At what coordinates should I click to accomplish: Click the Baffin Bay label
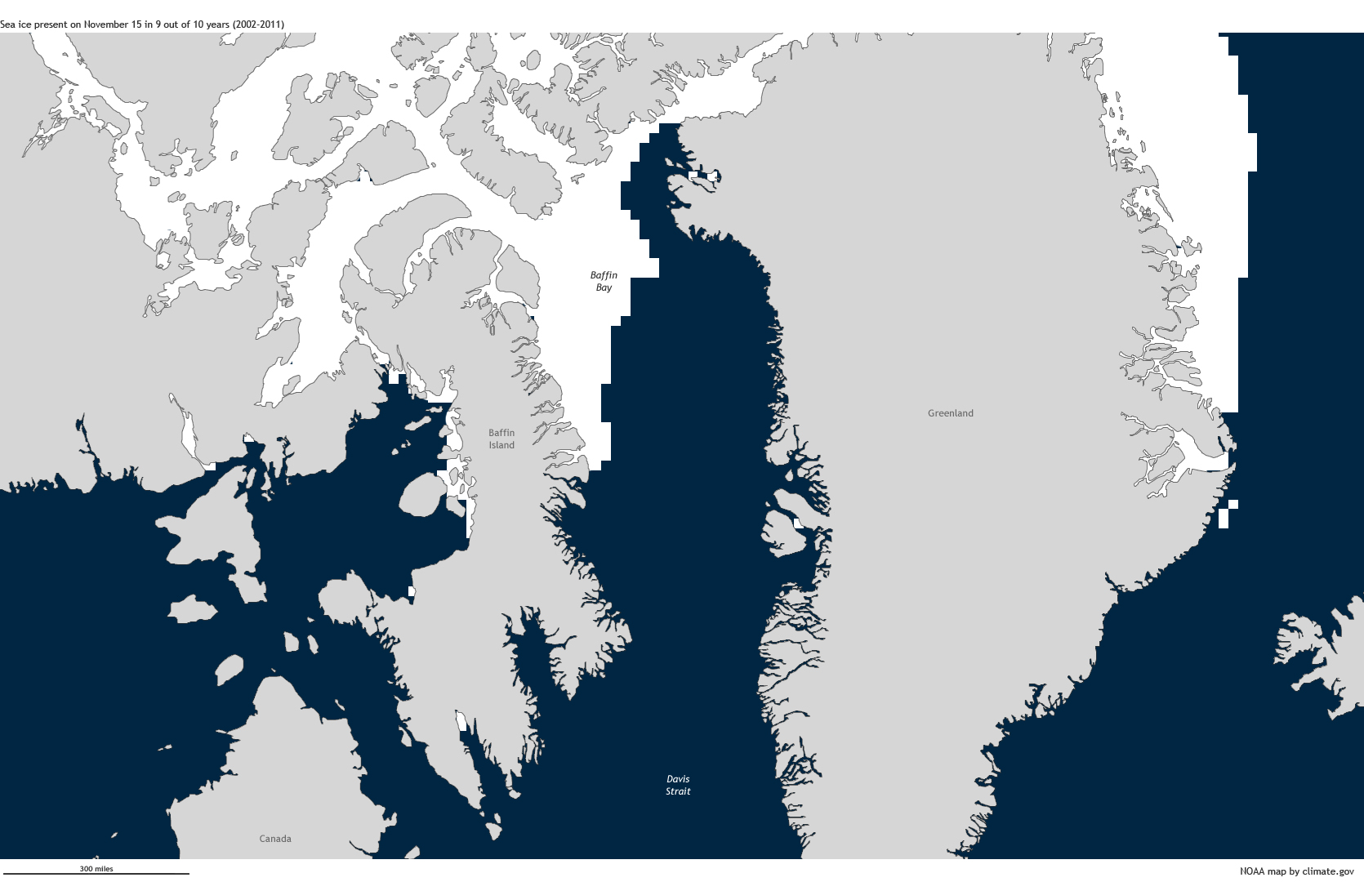click(604, 281)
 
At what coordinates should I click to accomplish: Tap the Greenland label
click(950, 413)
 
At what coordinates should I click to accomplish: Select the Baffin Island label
click(501, 439)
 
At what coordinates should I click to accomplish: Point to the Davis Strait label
click(678, 785)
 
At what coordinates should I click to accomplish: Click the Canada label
click(275, 839)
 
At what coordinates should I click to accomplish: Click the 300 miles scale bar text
click(96, 869)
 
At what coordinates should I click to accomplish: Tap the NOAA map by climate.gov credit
click(1296, 871)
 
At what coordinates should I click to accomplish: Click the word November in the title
click(106, 24)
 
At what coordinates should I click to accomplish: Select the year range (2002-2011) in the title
click(258, 24)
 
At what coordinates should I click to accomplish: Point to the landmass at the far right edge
click(1323, 661)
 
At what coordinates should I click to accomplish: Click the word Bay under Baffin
click(604, 287)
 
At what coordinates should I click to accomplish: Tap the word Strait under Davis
click(678, 791)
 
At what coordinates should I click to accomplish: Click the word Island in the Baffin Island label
click(501, 445)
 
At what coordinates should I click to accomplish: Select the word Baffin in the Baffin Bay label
click(604, 275)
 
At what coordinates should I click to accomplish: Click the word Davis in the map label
click(678, 779)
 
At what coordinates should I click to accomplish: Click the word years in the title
click(216, 24)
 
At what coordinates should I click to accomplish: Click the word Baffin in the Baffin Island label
click(501, 433)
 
